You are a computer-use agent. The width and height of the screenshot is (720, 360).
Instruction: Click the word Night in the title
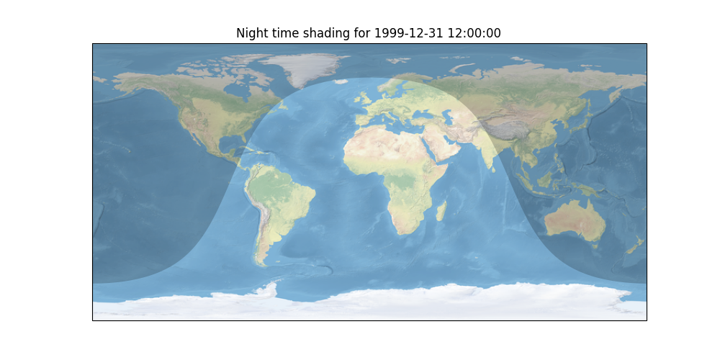point(251,33)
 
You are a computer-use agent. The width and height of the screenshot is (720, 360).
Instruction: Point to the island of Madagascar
point(441,212)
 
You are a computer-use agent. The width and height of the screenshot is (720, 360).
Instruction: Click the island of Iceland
point(341,82)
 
